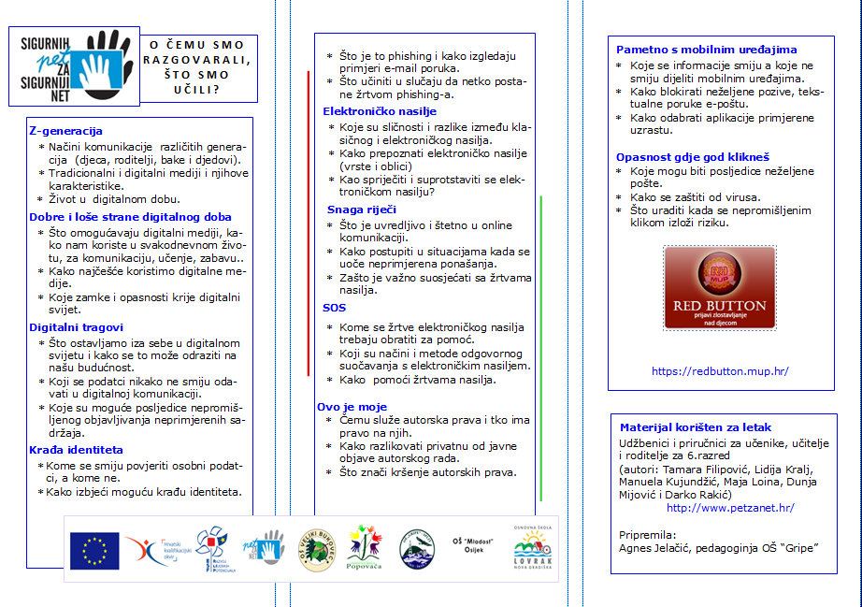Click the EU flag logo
[x=94, y=550]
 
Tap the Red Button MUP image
[x=720, y=288]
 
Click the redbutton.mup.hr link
[x=720, y=371]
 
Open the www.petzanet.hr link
[x=730, y=508]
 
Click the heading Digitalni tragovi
[x=76, y=327]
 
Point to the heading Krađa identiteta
[x=76, y=450]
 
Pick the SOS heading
[x=334, y=308]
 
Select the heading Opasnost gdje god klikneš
[x=692, y=157]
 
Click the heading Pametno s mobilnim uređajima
[x=706, y=50]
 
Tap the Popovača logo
[x=364, y=546]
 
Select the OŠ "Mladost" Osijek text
[x=473, y=548]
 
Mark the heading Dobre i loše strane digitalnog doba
[x=130, y=217]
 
